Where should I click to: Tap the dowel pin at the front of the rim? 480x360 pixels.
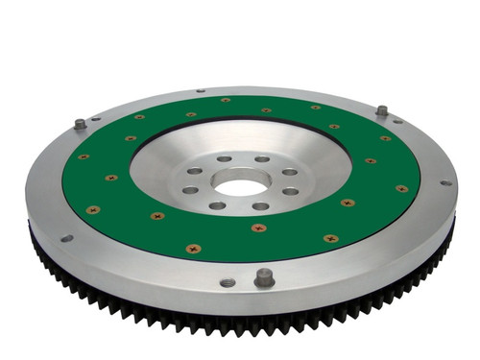click(264, 276)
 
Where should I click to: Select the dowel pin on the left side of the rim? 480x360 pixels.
click(80, 124)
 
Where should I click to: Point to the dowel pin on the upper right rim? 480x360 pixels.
click(381, 110)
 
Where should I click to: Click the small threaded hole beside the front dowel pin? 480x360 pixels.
click(228, 282)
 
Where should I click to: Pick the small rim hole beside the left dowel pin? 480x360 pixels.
click(97, 120)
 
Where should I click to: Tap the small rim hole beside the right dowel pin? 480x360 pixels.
click(397, 120)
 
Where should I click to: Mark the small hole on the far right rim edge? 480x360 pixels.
click(444, 182)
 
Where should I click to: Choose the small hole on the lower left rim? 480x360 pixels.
click(66, 238)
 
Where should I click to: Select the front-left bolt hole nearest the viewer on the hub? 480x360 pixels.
click(217, 205)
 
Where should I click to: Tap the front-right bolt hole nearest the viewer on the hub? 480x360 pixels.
click(261, 205)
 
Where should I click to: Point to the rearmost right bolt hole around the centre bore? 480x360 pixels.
click(261, 159)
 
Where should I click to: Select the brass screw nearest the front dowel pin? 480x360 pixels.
click(258, 228)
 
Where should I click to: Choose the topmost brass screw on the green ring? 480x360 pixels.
click(225, 99)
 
